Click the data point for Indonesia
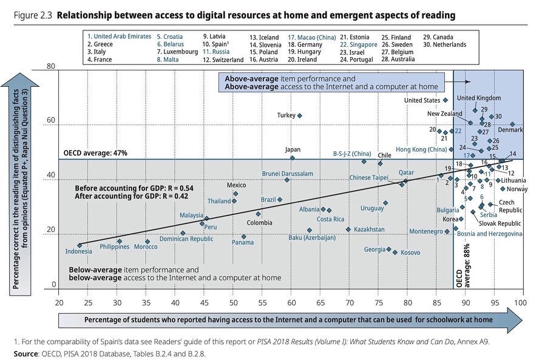(80, 245)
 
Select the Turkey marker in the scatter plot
(299, 115)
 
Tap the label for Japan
(292, 150)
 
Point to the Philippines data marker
(120, 242)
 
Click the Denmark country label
(510, 131)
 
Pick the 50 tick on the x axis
(233, 302)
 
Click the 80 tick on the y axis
(51, 67)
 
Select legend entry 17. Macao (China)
(312, 36)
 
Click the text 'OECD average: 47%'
(95, 154)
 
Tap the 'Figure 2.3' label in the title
(30, 13)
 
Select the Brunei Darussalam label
(287, 174)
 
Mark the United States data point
(445, 100)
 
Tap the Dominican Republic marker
(183, 233)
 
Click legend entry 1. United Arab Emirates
(119, 36)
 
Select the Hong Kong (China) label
(421, 149)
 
